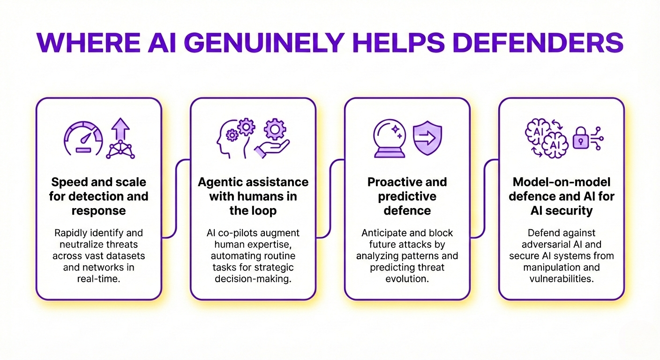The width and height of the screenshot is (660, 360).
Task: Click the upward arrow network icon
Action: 120,138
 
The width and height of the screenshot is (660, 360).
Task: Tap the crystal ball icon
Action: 389,139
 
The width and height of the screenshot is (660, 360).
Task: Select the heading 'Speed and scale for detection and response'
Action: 98,196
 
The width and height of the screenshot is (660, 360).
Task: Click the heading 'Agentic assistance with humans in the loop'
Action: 253,196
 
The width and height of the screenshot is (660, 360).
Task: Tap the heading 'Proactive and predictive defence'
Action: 407,196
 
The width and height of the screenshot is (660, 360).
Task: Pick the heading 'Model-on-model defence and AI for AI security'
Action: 562,196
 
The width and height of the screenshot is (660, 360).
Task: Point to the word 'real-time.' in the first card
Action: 98,278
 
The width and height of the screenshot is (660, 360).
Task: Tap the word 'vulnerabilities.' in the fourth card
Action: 562,278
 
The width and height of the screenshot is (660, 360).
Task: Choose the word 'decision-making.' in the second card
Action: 253,278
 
